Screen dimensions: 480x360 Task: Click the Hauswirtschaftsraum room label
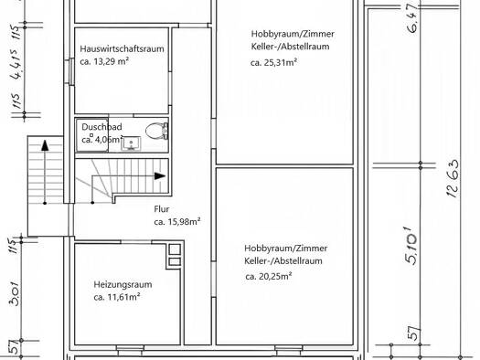click(122, 48)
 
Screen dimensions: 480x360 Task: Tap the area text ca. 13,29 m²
click(104, 61)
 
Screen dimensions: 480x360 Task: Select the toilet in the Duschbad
click(156, 132)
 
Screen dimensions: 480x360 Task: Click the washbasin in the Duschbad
click(131, 143)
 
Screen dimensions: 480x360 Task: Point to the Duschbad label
click(101, 127)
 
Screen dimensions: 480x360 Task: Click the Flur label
click(162, 209)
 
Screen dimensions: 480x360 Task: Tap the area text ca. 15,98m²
click(177, 221)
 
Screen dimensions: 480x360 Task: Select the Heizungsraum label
click(123, 284)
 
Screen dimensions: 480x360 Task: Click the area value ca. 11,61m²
click(117, 297)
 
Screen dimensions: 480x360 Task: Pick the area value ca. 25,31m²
click(273, 62)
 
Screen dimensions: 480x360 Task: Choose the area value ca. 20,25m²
click(269, 277)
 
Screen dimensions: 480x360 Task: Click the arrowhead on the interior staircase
click(160, 175)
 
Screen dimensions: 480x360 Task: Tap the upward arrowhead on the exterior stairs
click(45, 145)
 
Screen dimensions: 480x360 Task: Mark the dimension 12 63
click(453, 178)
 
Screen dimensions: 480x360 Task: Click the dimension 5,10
click(411, 246)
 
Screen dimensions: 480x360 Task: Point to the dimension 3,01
click(15, 293)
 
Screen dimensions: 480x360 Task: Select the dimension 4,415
click(16, 64)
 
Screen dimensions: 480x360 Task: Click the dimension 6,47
click(412, 17)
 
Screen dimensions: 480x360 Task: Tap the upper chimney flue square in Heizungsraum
click(175, 249)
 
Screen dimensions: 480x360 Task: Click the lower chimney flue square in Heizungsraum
click(175, 262)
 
